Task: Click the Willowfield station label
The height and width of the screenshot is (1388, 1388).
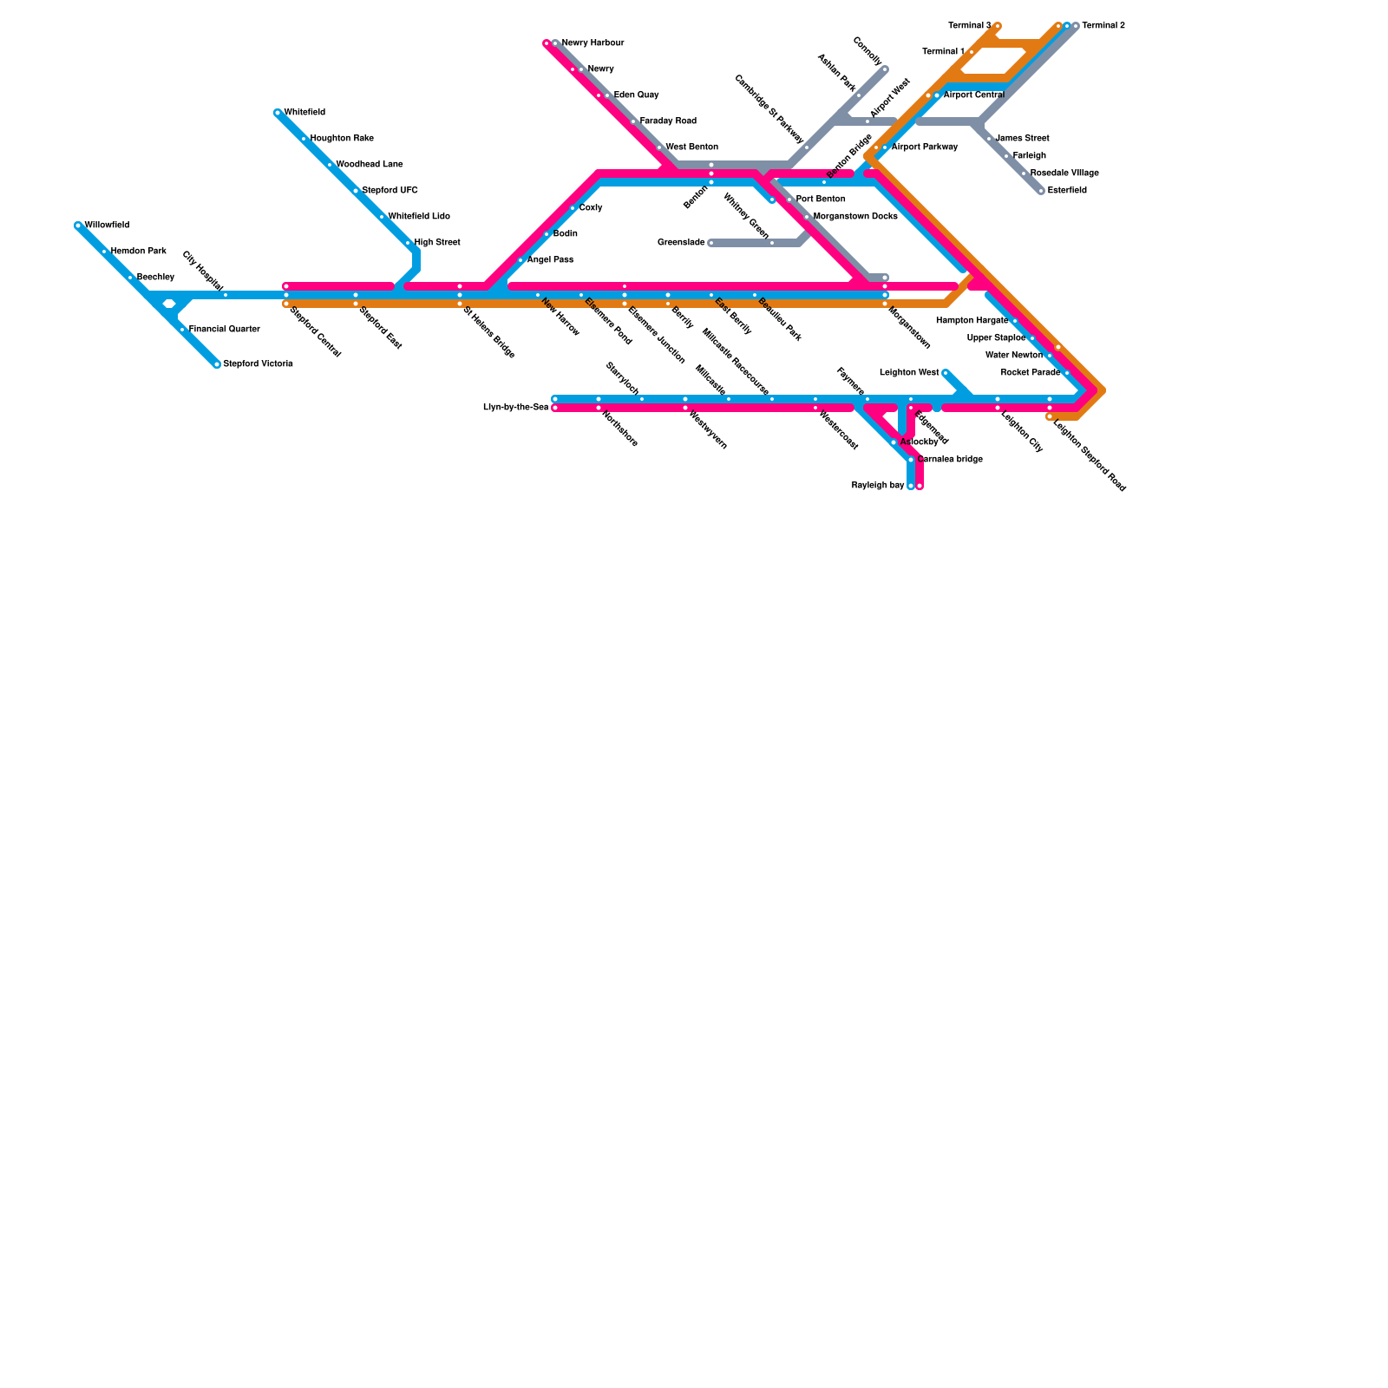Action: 107,226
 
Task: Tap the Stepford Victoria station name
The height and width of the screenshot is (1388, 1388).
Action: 258,364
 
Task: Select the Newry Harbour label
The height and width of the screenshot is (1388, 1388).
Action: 593,43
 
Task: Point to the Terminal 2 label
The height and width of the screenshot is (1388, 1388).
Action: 1103,26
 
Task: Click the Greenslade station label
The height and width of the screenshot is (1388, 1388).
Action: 681,243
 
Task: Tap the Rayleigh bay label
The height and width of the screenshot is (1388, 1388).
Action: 878,486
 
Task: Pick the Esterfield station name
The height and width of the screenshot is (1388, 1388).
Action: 1066,191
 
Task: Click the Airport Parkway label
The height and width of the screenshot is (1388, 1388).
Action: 924,147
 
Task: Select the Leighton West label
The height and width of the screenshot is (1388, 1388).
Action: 909,373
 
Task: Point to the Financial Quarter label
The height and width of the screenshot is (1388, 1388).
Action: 224,330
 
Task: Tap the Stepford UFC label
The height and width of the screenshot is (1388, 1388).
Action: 390,191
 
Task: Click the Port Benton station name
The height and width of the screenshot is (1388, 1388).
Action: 820,200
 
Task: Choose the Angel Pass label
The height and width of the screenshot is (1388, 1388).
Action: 550,260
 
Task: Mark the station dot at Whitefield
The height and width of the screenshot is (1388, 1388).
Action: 278,113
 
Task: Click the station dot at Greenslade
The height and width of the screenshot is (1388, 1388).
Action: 711,243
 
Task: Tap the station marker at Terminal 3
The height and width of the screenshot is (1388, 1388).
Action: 998,26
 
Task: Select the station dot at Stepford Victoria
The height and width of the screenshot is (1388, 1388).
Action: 217,364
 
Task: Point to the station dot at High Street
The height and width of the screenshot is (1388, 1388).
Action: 408,243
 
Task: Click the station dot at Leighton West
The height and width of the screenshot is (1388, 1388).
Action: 946,373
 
